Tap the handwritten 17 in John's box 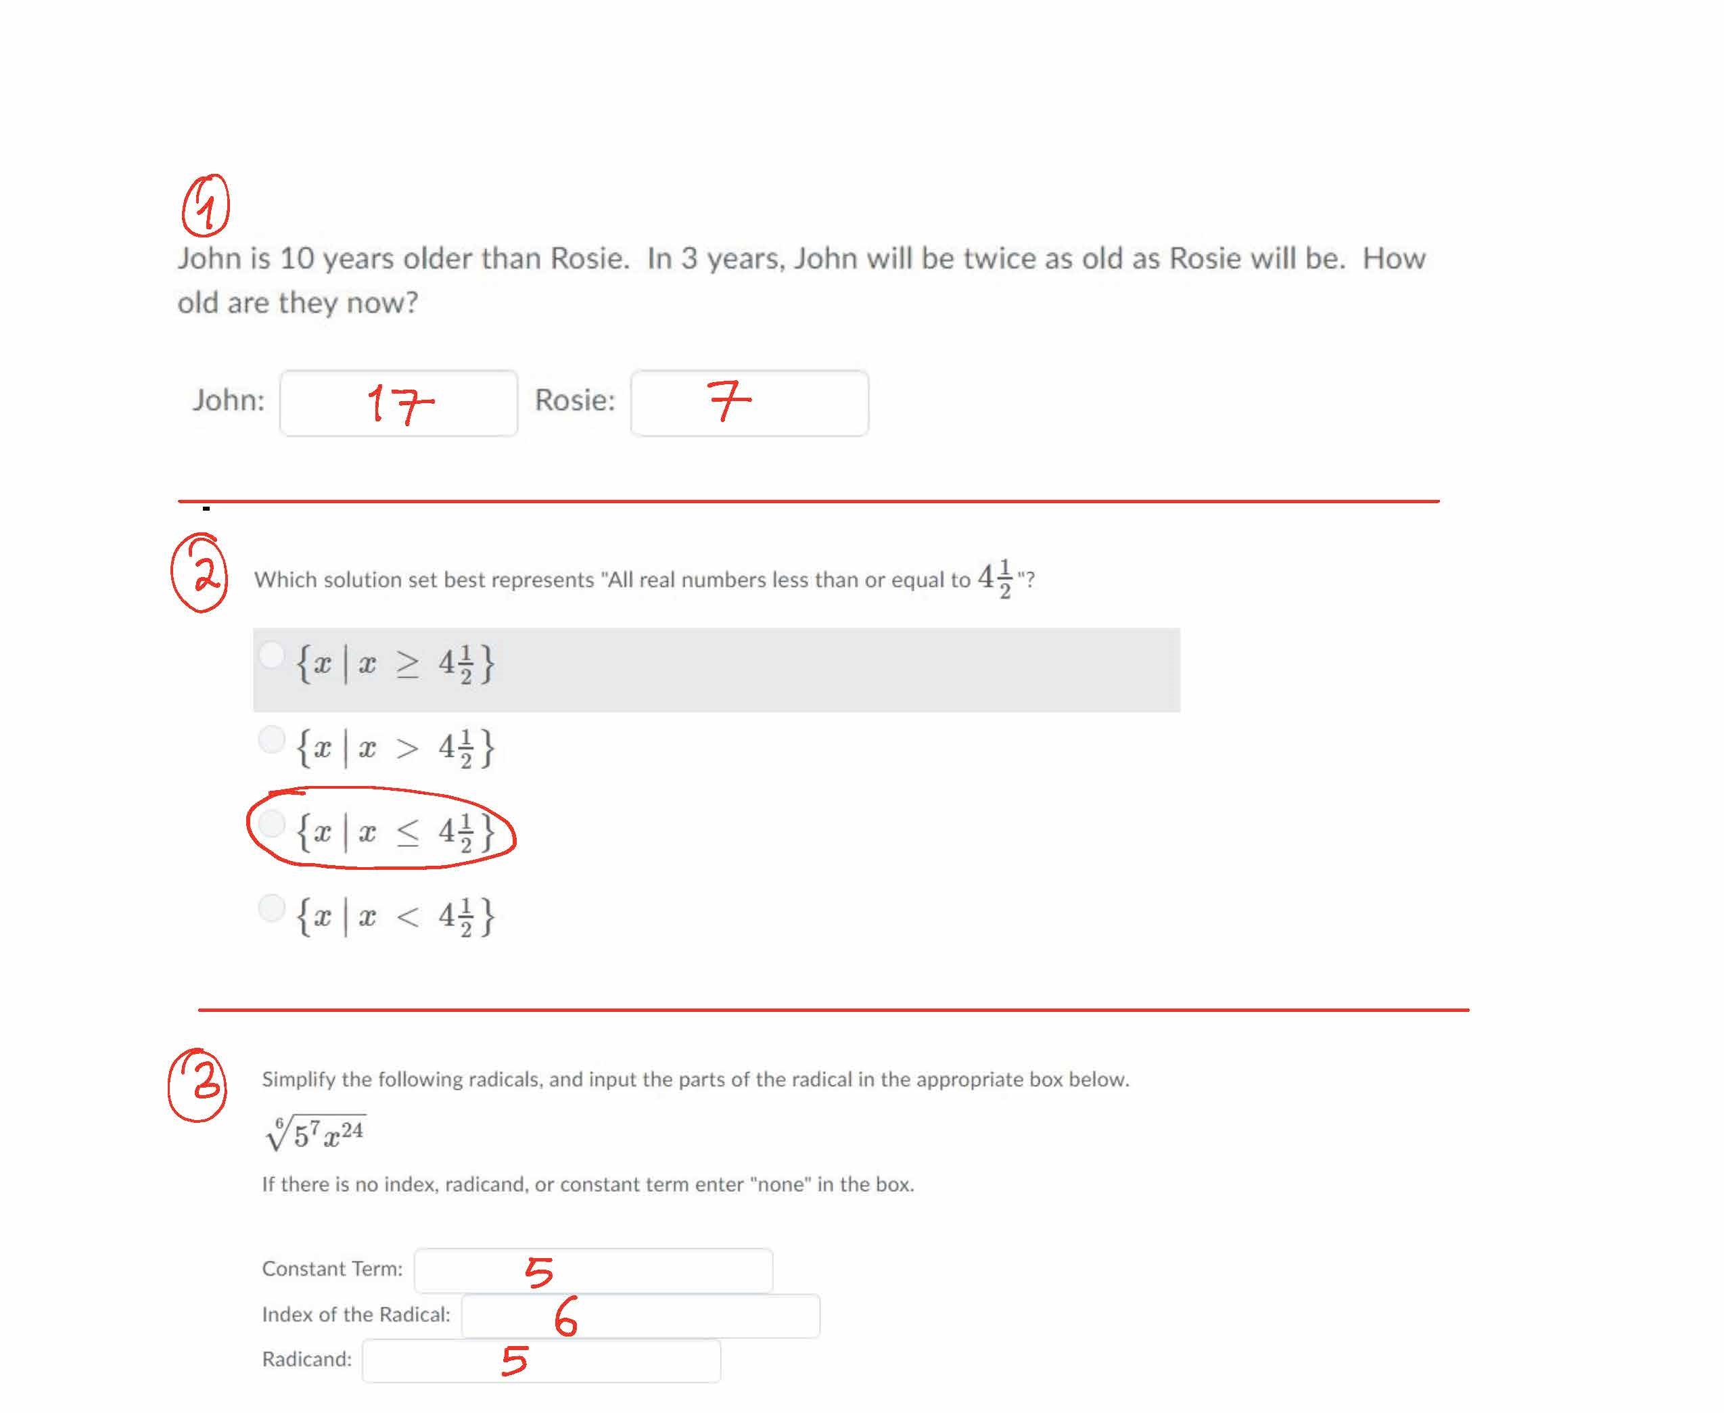tap(400, 404)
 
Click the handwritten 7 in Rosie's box tap(729, 400)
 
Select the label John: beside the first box tap(229, 400)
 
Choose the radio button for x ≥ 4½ tap(271, 654)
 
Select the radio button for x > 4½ tap(271, 740)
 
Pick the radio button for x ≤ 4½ tap(271, 824)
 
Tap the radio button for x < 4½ tap(271, 908)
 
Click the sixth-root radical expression tap(316, 1133)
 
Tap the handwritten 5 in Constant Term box tap(539, 1272)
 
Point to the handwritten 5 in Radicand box tap(515, 1361)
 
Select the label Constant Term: tap(332, 1269)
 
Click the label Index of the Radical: tap(356, 1314)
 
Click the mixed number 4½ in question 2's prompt tap(995, 579)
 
